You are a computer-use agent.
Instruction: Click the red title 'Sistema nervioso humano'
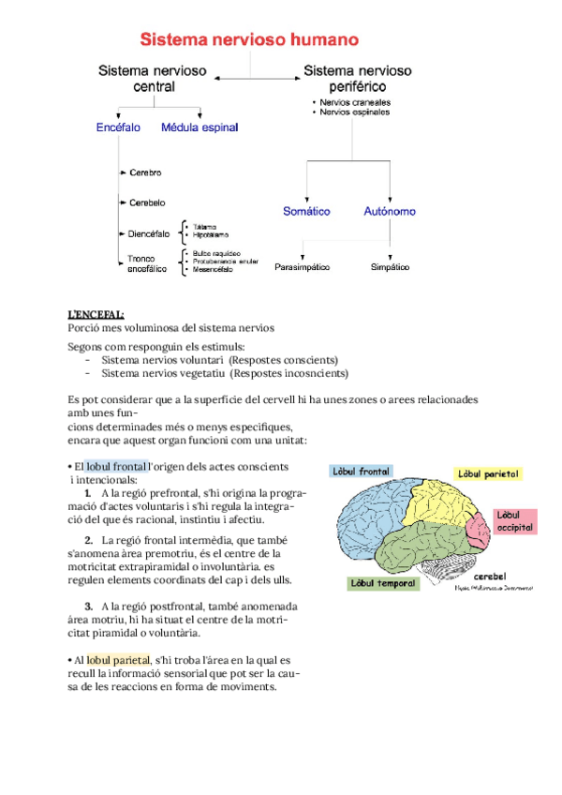coord(249,39)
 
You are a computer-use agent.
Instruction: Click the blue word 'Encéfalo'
coord(119,127)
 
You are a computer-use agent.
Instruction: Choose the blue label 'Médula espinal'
coord(200,127)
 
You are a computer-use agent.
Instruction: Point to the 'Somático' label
coord(306,212)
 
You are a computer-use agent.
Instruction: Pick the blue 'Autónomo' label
coord(390,212)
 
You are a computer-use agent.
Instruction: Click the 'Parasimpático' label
coord(303,267)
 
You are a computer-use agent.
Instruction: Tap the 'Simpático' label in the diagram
coord(390,267)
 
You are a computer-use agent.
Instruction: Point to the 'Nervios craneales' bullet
coord(355,101)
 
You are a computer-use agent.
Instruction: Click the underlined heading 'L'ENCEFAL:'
coord(96,314)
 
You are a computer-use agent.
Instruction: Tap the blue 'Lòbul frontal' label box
coord(361,472)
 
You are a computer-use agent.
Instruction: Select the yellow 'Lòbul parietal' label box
coord(489,474)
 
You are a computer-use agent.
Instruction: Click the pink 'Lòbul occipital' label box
coord(515,521)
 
